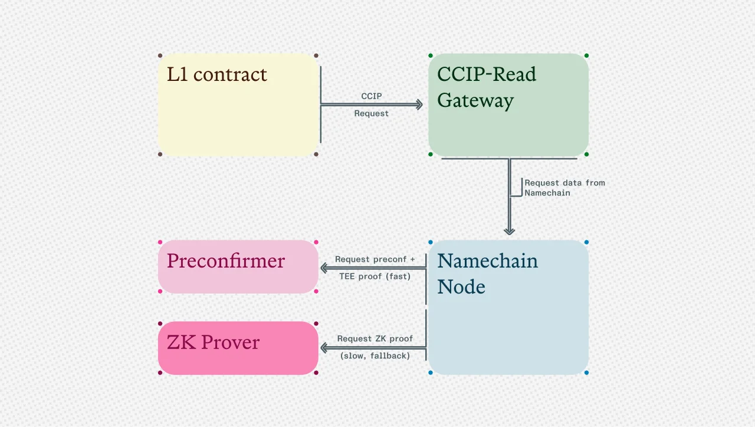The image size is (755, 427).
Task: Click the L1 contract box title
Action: tap(216, 75)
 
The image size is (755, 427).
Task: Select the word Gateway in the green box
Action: tap(475, 101)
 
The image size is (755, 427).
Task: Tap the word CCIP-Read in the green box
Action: tap(487, 74)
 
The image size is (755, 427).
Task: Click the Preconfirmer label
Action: tap(226, 261)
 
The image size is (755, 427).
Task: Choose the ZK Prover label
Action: tap(213, 343)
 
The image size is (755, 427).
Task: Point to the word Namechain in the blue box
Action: tap(488, 261)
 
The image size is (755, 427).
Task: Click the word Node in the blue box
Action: tap(461, 287)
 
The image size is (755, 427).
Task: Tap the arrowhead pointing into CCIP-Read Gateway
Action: tap(419, 105)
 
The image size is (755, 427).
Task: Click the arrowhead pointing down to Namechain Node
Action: tap(509, 231)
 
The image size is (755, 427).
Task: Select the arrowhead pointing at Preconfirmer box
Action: tap(324, 268)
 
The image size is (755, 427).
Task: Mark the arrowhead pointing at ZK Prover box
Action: tap(324, 348)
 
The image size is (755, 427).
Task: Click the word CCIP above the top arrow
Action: tap(372, 96)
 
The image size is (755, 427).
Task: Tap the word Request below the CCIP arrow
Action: tap(372, 113)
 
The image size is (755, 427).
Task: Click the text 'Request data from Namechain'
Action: tap(564, 188)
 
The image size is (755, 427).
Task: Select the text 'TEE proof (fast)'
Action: tap(375, 276)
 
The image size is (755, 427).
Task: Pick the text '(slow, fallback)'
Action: tap(375, 356)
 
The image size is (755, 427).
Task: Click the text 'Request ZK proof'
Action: tap(375, 339)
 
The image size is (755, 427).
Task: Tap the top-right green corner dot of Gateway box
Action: tap(586, 56)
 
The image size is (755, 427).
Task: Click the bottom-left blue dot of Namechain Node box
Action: tap(431, 373)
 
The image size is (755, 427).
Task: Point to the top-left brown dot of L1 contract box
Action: tap(160, 56)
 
